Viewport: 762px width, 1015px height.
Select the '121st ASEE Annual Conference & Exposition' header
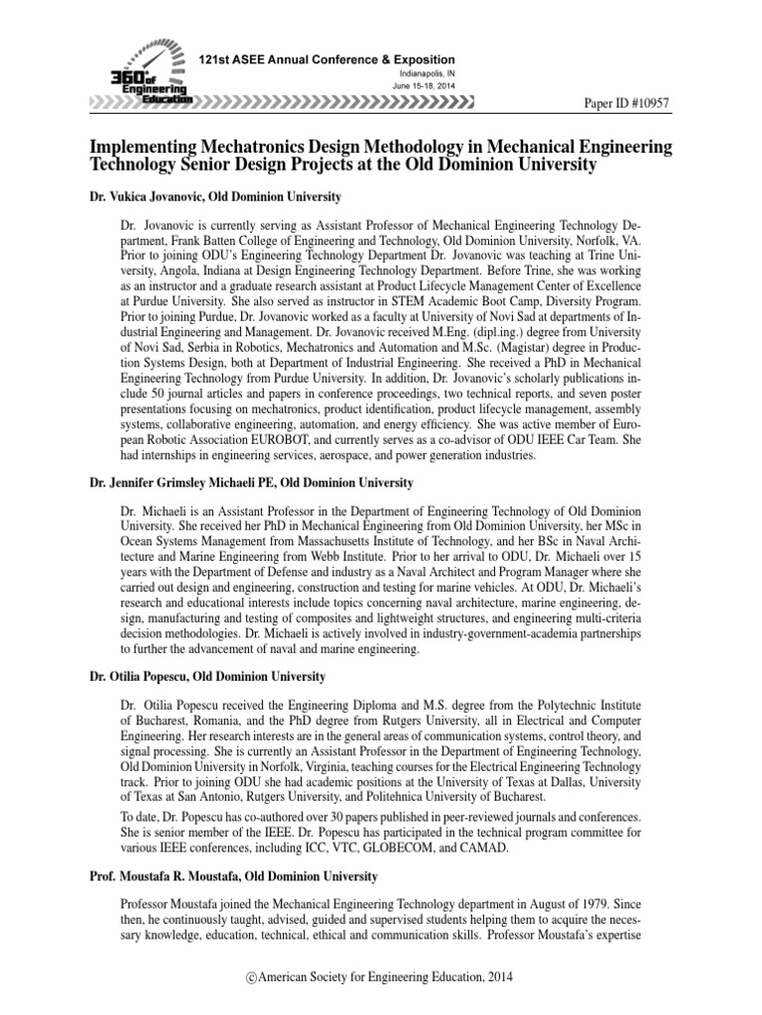tap(328, 60)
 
